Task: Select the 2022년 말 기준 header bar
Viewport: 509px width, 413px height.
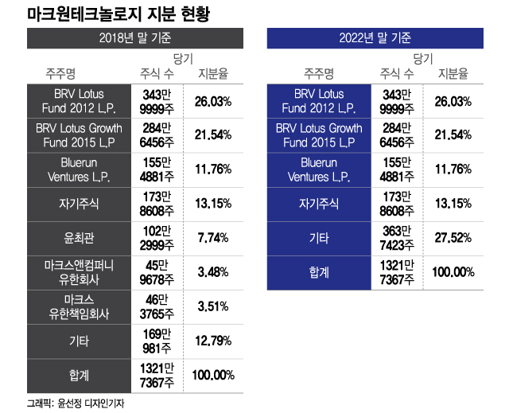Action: [x=375, y=38]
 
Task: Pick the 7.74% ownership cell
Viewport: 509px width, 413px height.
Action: [x=212, y=237]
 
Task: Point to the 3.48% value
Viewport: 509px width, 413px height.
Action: [x=212, y=271]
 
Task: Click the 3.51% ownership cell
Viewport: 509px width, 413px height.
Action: [x=212, y=306]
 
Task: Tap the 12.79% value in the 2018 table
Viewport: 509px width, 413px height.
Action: [x=212, y=341]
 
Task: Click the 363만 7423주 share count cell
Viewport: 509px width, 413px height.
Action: [x=397, y=237]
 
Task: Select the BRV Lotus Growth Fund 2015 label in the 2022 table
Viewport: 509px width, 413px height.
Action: [x=318, y=134]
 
